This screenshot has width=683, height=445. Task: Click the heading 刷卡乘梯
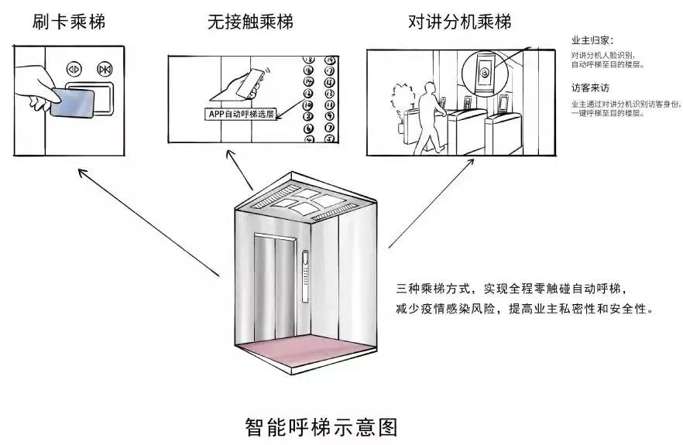69,22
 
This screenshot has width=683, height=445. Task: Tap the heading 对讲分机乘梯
459,22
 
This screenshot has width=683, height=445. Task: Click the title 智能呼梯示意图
321,426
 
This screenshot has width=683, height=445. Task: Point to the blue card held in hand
74,102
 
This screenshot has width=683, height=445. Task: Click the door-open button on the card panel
74,68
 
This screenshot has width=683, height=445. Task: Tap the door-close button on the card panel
105,69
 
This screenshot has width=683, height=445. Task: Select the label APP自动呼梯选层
239,114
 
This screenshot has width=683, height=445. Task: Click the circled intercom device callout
483,74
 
